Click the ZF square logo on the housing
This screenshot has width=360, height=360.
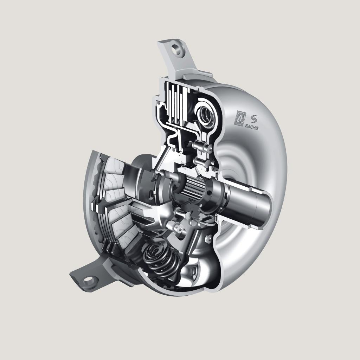(x=239, y=118)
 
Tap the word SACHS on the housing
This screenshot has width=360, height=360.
(x=251, y=126)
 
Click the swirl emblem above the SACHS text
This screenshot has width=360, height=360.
(x=254, y=119)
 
